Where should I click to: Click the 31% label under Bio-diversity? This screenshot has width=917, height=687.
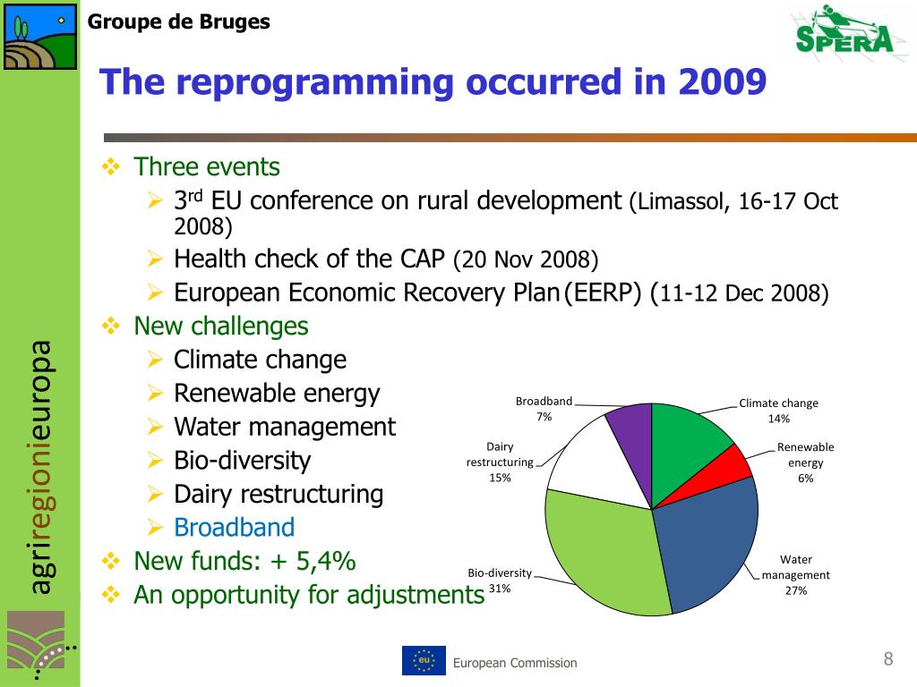500,589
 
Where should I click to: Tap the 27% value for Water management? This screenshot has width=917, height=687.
796,590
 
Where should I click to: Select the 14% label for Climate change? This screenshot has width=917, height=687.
778,419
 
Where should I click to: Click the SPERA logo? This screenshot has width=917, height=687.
844,32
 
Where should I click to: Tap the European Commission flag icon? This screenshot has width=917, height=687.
424,660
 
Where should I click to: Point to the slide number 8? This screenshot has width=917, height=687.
887,660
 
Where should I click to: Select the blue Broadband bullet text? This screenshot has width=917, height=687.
234,528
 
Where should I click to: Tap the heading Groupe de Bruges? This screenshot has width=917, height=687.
179,21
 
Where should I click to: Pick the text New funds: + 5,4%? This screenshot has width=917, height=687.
244,561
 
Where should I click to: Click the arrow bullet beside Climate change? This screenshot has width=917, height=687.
155,360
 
